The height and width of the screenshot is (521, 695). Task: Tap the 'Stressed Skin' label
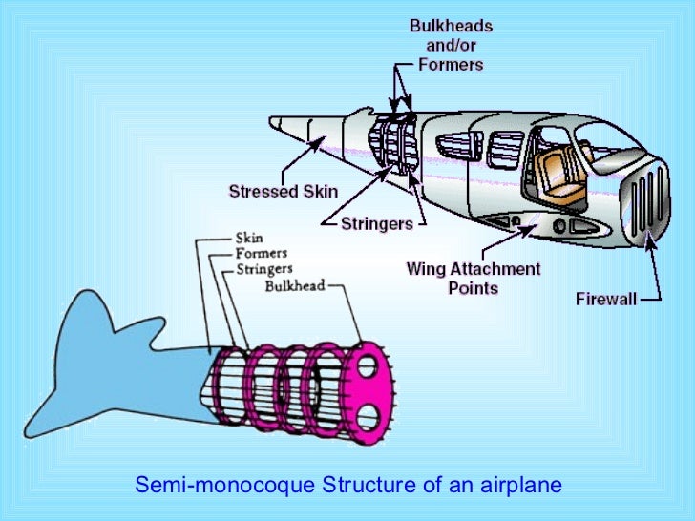tap(284, 192)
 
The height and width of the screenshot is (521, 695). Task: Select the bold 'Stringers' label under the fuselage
tap(377, 223)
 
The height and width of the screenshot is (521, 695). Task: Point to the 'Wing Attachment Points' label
tap(473, 278)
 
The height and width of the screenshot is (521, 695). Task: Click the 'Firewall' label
tap(605, 299)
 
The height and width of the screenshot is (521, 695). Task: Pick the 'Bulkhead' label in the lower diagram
tap(295, 285)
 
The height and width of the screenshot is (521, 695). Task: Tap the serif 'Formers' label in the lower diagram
tap(262, 253)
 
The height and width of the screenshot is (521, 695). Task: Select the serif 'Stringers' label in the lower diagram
tap(266, 269)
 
